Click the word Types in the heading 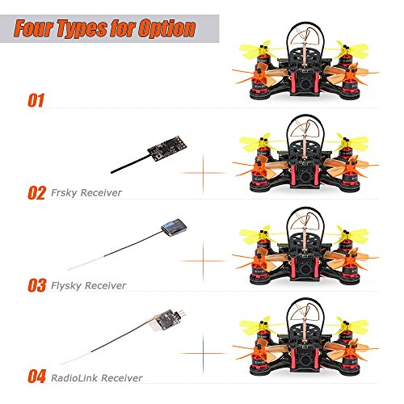pyautogui.click(x=83, y=29)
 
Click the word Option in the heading pyautogui.click(x=166, y=28)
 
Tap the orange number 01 pyautogui.click(x=36, y=100)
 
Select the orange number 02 pyautogui.click(x=36, y=193)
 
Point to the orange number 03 pyautogui.click(x=37, y=285)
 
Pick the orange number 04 pyautogui.click(x=37, y=377)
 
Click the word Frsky pyautogui.click(x=64, y=193)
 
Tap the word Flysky pyautogui.click(x=66, y=285)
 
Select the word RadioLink pyautogui.click(x=74, y=378)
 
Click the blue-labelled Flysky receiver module pyautogui.click(x=174, y=228)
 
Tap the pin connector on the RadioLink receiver pyautogui.click(x=181, y=314)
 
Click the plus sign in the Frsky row pyautogui.click(x=203, y=173)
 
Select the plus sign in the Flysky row pyautogui.click(x=203, y=261)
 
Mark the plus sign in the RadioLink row pyautogui.click(x=203, y=353)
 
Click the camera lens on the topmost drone pyautogui.click(x=305, y=83)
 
